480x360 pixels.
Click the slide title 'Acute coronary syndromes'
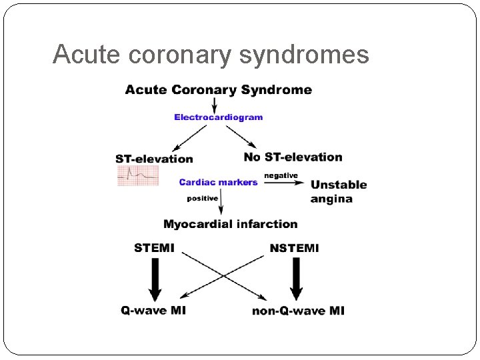211,55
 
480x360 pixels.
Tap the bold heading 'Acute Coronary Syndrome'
218,90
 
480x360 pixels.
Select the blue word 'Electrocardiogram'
218,117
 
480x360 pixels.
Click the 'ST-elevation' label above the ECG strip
154,159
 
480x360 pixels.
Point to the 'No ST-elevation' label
293,157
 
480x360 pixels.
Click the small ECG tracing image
138,175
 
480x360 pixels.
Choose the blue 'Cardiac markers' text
218,182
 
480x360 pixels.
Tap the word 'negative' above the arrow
281,175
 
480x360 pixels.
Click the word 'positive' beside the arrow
202,198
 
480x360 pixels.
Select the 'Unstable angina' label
338,191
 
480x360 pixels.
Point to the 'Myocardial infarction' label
230,224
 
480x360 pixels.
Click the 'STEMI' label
154,248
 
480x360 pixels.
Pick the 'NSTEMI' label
294,248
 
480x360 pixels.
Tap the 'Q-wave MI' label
153,310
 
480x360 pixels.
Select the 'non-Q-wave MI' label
298,311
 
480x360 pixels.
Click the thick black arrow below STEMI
155,278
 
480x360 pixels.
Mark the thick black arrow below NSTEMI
296,278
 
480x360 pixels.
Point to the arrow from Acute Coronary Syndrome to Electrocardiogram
214,105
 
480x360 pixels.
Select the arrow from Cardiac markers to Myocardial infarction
221,201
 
